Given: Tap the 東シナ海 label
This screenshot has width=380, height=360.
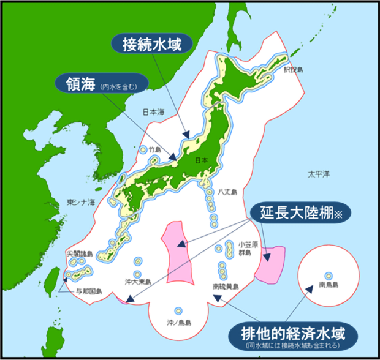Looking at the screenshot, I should tap(81, 203).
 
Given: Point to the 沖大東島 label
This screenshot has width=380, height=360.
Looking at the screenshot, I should tap(138, 282).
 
